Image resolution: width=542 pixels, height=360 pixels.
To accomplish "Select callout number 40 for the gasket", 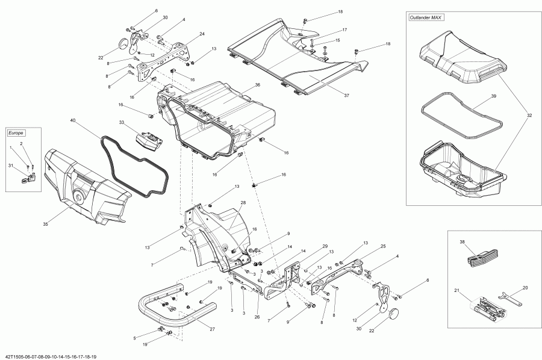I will tap(73, 120).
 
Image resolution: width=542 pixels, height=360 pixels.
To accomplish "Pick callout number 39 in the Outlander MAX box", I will tap(493, 96).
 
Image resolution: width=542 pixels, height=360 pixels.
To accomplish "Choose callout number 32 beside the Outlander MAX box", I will tap(529, 114).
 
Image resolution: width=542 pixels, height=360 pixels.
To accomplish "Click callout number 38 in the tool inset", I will tap(463, 242).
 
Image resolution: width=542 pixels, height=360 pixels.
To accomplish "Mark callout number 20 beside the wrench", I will tap(525, 288).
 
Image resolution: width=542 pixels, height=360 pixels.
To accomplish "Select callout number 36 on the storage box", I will tap(257, 85).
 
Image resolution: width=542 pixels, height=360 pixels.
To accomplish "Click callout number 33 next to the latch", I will tap(122, 123).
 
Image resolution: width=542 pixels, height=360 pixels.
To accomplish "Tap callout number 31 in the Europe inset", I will tap(10, 166).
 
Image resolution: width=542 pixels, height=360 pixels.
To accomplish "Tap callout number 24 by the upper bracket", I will tap(202, 34).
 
